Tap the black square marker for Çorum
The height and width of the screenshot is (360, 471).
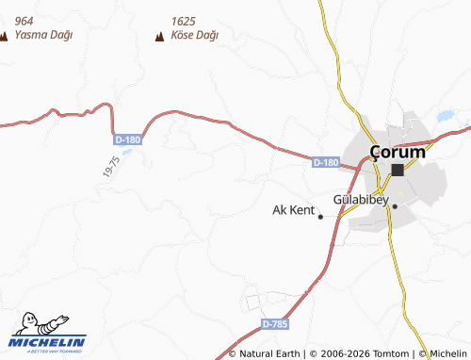pyautogui.click(x=398, y=170)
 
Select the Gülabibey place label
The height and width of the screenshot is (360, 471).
pyautogui.click(x=361, y=201)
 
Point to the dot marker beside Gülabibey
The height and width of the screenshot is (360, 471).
pyautogui.click(x=396, y=205)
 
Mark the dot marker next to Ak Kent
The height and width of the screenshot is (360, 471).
pyautogui.click(x=320, y=217)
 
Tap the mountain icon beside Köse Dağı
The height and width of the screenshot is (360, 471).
pyautogui.click(x=159, y=37)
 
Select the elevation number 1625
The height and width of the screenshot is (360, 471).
pyautogui.click(x=185, y=21)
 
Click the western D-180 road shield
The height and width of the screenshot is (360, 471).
pyautogui.click(x=128, y=139)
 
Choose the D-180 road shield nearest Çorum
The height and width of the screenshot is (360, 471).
pyautogui.click(x=325, y=163)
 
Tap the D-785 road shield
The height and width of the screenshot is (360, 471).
pyautogui.click(x=274, y=324)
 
